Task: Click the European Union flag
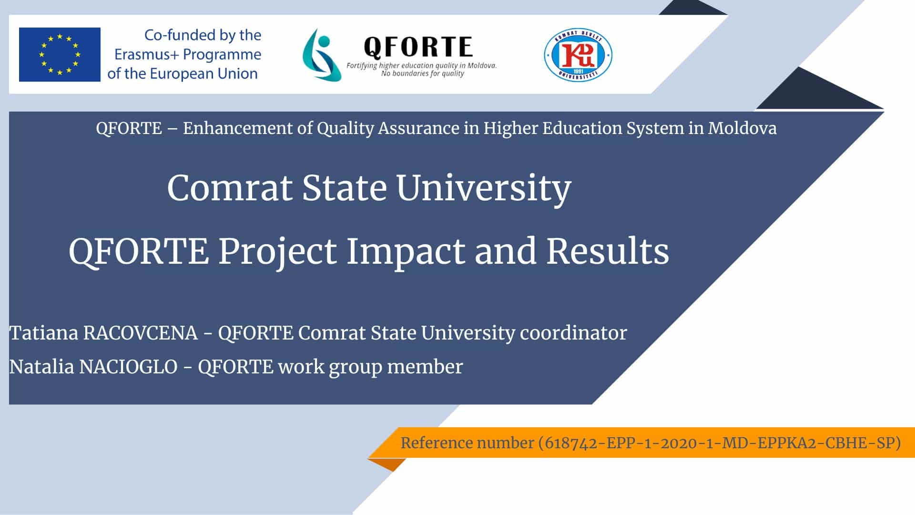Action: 60,54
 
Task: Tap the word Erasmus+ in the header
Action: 147,54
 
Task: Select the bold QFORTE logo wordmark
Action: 418,47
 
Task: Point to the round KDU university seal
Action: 578,55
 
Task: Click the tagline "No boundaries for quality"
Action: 423,73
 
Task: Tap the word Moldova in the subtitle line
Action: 742,128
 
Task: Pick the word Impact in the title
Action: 406,252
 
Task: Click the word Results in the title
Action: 608,251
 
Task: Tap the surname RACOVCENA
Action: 141,333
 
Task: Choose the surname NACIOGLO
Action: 128,367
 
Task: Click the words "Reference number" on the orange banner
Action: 467,443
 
